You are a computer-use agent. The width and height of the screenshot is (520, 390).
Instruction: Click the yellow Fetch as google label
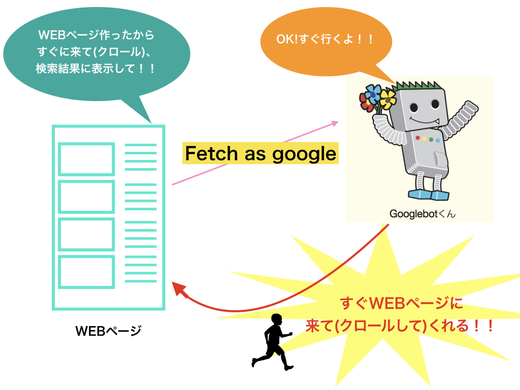pos(260,153)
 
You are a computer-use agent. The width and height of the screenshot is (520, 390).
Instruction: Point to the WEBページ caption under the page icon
pos(108,331)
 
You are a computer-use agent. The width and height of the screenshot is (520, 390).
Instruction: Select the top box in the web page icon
pos(86,159)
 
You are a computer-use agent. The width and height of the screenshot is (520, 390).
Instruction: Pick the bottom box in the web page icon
pos(86,271)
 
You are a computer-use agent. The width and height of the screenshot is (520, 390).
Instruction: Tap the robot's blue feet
pos(429,195)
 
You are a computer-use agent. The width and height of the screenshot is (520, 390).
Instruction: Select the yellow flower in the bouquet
pos(388,97)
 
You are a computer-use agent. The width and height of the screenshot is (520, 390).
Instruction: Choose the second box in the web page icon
pos(86,197)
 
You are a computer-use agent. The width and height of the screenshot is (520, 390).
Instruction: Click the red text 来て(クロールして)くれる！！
pos(400,326)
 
